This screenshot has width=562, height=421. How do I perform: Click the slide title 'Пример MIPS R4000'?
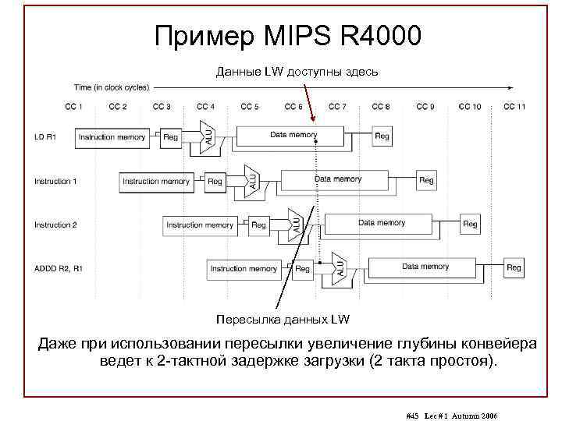288,35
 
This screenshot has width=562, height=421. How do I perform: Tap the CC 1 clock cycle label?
74,106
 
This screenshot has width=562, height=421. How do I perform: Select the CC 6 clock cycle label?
293,106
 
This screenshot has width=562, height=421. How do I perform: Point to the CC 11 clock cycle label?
514,106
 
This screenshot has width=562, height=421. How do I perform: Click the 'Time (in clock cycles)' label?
112,87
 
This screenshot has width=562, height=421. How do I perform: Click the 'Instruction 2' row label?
55,225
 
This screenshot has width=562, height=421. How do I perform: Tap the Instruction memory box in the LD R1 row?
112,137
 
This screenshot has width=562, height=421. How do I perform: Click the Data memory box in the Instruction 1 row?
338,180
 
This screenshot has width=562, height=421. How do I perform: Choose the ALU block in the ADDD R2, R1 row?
340,266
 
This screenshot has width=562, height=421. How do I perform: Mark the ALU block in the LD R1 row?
208,135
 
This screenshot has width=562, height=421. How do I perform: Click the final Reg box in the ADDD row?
514,268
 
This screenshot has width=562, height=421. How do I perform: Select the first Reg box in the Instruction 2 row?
258,225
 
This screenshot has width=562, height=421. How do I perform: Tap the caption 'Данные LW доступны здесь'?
297,72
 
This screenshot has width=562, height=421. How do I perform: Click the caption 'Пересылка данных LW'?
283,319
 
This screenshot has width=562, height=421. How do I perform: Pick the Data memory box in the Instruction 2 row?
382,224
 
